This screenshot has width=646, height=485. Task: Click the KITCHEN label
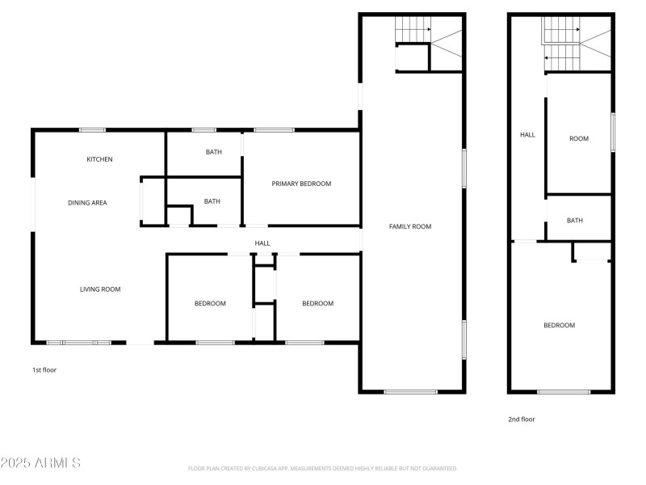tap(99, 159)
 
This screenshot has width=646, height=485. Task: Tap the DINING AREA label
tap(87, 203)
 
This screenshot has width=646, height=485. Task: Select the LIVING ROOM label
tap(99, 289)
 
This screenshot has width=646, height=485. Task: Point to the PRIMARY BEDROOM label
tap(301, 183)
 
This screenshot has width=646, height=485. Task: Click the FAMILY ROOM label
tap(410, 226)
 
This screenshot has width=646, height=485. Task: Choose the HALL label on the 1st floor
tap(262, 243)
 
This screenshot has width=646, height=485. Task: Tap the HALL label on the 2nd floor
tap(527, 135)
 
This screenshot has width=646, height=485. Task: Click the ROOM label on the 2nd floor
tap(579, 138)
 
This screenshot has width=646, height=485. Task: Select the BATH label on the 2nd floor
tap(575, 220)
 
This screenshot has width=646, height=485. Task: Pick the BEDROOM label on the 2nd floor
tap(559, 325)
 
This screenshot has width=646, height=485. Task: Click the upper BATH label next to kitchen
tap(213, 152)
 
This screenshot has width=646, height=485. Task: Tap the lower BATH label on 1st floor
tap(212, 201)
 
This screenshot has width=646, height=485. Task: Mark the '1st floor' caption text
tap(44, 369)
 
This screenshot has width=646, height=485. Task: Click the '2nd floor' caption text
tap(521, 419)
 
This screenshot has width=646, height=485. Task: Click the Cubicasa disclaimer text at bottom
tap(323, 468)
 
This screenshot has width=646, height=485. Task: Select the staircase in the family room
tap(429, 44)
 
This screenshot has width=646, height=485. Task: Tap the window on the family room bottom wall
tap(411, 392)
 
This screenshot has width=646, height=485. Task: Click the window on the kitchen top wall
tap(92, 129)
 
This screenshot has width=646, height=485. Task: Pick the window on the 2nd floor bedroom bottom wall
tap(564, 392)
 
